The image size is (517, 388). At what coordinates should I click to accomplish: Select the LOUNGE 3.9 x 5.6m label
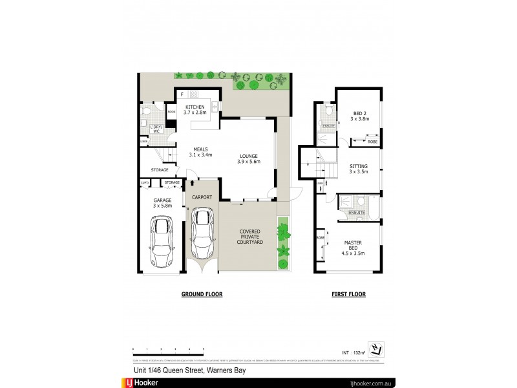tap(249, 158)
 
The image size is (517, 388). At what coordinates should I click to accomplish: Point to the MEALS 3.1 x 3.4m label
tap(200, 152)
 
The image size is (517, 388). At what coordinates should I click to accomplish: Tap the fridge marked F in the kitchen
tap(183, 94)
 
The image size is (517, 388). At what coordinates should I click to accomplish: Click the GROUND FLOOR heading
tap(202, 294)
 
